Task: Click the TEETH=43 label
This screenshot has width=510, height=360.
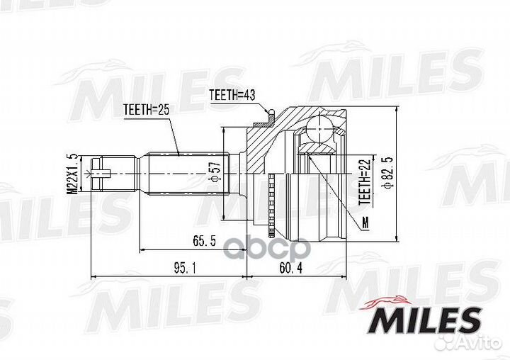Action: pyautogui.click(x=232, y=94)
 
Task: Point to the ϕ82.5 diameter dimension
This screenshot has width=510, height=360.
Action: pyautogui.click(x=386, y=171)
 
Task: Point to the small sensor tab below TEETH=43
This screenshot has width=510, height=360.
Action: pyautogui.click(x=270, y=113)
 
